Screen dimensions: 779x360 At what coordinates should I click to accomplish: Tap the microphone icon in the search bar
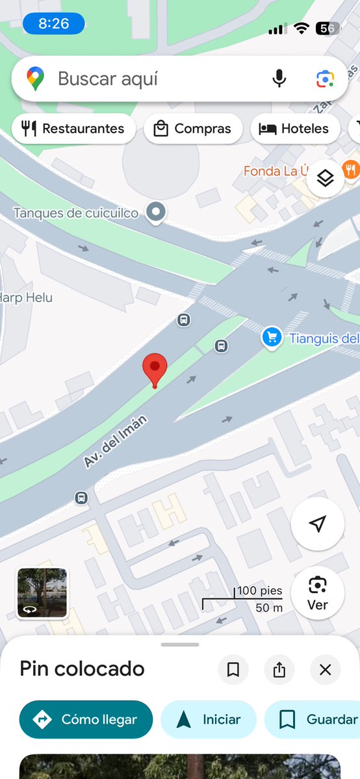(279, 79)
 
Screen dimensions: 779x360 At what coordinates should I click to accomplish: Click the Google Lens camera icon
(324, 79)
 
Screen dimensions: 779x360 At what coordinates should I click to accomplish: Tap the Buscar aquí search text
(108, 79)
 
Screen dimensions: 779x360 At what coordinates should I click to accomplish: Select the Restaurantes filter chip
(73, 129)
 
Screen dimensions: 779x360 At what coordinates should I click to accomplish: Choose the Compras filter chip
(192, 129)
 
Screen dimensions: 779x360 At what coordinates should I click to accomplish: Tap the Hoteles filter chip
(294, 129)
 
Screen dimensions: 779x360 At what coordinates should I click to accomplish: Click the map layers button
(325, 177)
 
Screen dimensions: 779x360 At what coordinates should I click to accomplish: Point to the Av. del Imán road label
(115, 442)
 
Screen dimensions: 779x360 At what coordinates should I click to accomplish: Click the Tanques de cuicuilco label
(75, 212)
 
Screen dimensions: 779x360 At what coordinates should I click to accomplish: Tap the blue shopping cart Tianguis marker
(271, 337)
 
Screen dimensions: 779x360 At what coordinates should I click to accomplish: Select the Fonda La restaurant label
(276, 171)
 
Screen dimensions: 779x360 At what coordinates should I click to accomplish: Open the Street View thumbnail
(42, 593)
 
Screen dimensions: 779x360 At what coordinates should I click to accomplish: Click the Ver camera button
(317, 593)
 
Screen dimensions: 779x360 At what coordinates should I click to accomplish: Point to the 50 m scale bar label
(269, 608)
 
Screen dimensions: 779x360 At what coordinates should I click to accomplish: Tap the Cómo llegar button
(86, 719)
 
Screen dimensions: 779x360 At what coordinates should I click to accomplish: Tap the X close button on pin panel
(326, 669)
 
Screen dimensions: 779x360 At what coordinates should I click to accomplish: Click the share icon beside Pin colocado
(279, 669)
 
